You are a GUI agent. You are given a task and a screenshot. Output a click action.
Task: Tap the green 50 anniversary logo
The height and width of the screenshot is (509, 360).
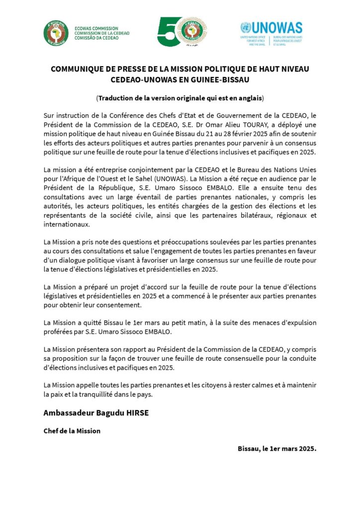tap(182, 32)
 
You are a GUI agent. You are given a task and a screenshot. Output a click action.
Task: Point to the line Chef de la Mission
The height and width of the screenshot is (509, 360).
tap(72, 430)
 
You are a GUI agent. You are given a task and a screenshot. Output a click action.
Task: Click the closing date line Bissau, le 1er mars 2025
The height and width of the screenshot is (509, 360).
tap(277, 448)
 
